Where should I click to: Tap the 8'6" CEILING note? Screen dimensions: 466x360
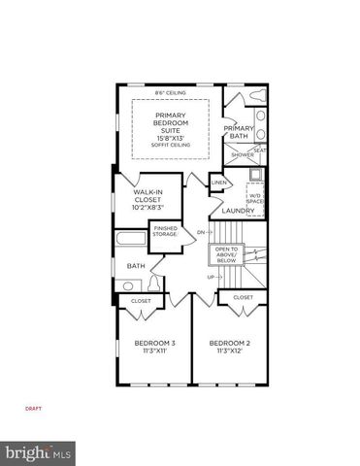tap(171, 93)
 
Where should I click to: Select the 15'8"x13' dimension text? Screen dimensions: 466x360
tap(171, 137)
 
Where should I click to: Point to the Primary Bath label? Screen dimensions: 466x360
tap(238, 132)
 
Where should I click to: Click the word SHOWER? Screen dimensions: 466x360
tap(242, 153)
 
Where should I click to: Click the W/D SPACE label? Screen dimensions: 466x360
tap(255, 198)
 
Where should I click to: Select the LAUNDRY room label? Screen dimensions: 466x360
tap(238, 211)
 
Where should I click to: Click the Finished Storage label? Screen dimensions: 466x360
tap(163, 231)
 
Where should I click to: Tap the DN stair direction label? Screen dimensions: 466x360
tap(201, 233)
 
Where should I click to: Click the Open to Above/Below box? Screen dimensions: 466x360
tap(225, 255)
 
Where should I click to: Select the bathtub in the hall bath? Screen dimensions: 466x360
tap(131, 242)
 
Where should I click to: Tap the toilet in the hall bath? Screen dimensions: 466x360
tap(130, 284)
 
